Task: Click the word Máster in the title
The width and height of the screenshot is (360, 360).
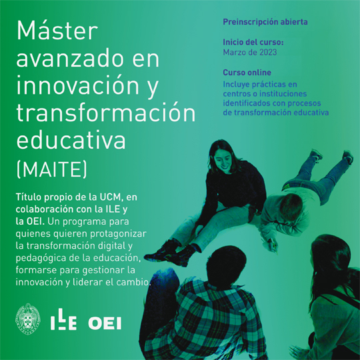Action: pyautogui.click(x=57, y=31)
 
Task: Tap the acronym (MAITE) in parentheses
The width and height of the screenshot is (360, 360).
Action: pyautogui.click(x=52, y=169)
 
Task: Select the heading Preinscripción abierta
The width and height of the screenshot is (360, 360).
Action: pyautogui.click(x=265, y=22)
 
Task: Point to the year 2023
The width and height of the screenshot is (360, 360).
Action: pyautogui.click(x=268, y=53)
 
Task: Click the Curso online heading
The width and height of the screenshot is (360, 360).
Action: pyautogui.click(x=247, y=73)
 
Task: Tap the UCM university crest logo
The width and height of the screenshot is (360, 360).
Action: pyautogui.click(x=28, y=319)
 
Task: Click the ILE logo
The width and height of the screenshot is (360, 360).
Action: pyautogui.click(x=63, y=319)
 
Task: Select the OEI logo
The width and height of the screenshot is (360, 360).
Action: pyautogui.click(x=105, y=323)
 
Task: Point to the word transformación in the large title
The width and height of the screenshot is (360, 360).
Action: pyautogui.click(x=106, y=112)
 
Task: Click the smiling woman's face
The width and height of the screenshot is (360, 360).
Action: pyautogui.click(x=222, y=159)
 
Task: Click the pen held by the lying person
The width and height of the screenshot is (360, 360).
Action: pyautogui.click(x=274, y=245)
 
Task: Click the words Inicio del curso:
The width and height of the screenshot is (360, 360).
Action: pyautogui.click(x=253, y=42)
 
